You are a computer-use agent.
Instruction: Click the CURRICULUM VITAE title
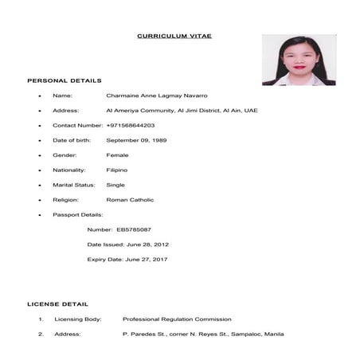point(174,36)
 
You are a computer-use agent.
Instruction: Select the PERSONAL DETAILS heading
point(65,80)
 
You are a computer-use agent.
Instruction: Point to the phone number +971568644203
point(131,125)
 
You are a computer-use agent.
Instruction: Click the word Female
point(117,155)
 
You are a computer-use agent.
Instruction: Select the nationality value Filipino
point(117,170)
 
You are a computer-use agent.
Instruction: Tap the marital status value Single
point(115,185)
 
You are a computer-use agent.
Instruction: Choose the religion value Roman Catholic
point(130,200)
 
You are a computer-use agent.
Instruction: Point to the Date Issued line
point(127,244)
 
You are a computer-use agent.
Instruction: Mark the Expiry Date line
point(127,259)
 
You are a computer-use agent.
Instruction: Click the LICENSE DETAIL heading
point(58,304)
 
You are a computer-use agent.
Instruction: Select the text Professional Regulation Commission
point(177,319)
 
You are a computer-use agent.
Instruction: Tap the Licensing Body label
point(78,319)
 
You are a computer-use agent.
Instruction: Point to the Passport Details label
point(78,214)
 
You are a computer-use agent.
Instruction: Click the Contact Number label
point(78,125)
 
